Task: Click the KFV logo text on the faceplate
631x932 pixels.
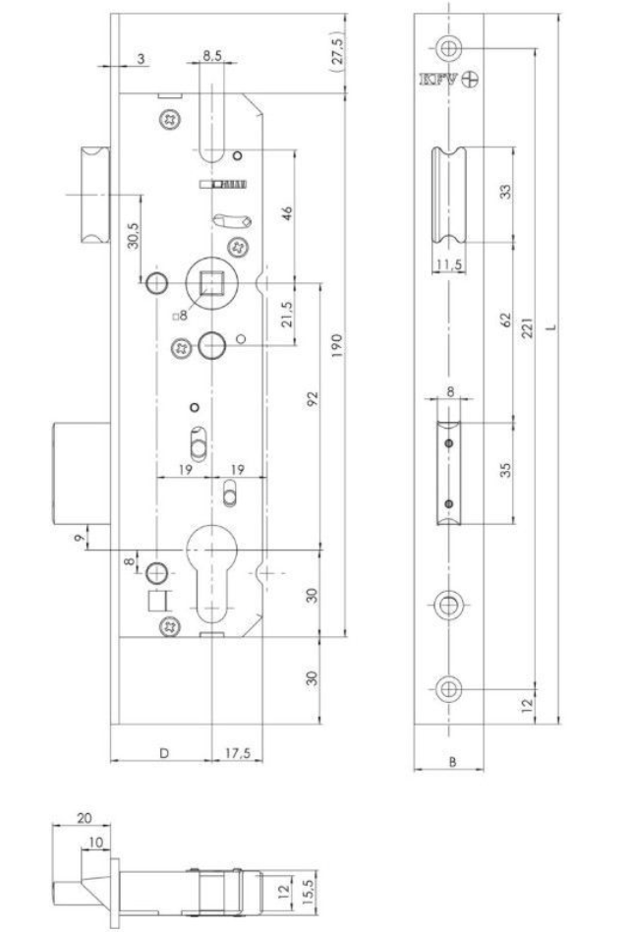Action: point(439,80)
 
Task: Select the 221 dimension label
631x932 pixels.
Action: point(528,327)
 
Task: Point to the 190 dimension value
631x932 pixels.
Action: point(337,345)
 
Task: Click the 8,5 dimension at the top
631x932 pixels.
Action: point(212,55)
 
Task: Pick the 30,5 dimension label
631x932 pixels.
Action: point(133,236)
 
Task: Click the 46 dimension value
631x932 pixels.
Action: point(286,213)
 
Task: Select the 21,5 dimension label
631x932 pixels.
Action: point(286,315)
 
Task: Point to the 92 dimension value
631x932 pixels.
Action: point(313,399)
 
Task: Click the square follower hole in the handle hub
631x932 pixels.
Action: point(212,283)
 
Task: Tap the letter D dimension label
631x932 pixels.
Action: point(164,753)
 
